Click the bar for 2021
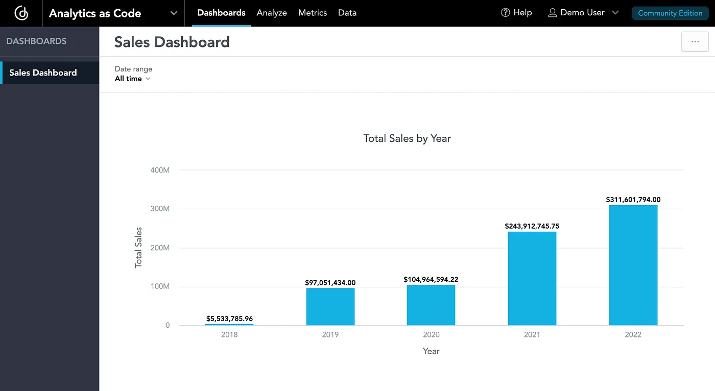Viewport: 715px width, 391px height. pyautogui.click(x=532, y=278)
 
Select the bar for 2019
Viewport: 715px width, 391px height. pyautogui.click(x=330, y=306)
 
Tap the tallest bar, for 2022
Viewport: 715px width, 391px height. pyautogui.click(x=633, y=265)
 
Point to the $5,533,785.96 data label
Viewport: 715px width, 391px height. pyautogui.click(x=229, y=319)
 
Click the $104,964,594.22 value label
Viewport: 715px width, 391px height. pyautogui.click(x=431, y=279)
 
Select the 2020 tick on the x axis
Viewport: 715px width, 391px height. pyautogui.click(x=431, y=335)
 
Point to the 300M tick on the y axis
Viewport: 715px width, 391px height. pyautogui.click(x=160, y=209)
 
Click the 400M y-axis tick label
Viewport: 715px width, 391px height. pyautogui.click(x=160, y=170)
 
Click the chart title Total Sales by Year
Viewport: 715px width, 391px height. pyautogui.click(x=407, y=138)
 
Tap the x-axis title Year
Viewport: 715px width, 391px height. pyautogui.click(x=431, y=351)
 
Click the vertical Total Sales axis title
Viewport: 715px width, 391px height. pyautogui.click(x=138, y=248)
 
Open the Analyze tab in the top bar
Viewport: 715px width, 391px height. pyautogui.click(x=272, y=13)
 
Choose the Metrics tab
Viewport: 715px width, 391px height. pyautogui.click(x=313, y=13)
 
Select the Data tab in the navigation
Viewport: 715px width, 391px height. pyautogui.click(x=347, y=13)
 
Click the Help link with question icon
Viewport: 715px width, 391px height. pyautogui.click(x=516, y=13)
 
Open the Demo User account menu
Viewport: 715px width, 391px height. pyautogui.click(x=583, y=13)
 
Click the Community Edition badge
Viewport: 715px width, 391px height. pyautogui.click(x=670, y=13)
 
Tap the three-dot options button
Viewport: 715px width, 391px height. pyautogui.click(x=695, y=42)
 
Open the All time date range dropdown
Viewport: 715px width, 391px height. pyautogui.click(x=132, y=79)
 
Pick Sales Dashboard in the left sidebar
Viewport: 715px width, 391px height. pyautogui.click(x=43, y=72)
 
